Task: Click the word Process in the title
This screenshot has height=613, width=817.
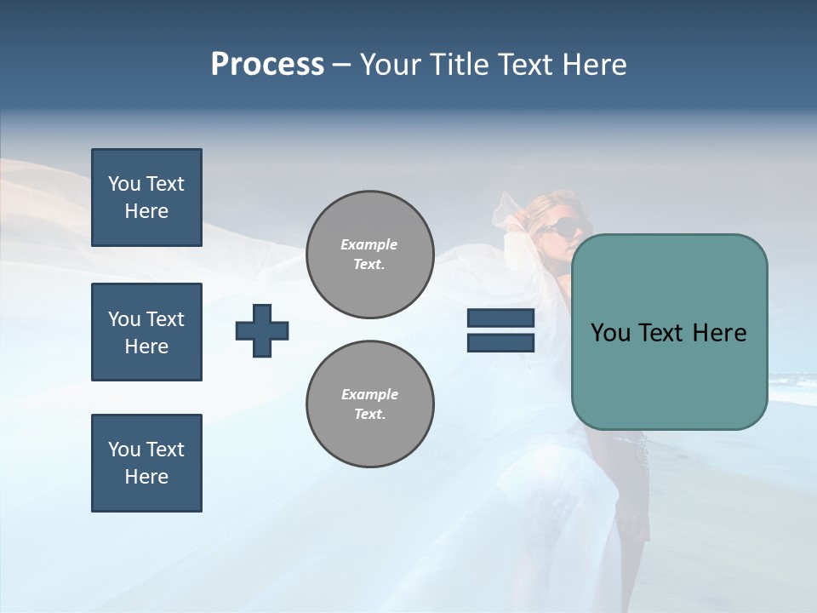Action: coord(267,65)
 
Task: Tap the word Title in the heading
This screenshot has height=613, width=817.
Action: coord(461,65)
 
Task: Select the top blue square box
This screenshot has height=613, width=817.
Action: coord(146,198)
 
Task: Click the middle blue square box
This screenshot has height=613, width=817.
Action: coord(146,332)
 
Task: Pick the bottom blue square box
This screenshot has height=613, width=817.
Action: coord(146,463)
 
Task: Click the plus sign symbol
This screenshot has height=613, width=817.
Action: coord(262,330)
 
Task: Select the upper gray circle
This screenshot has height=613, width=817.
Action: coord(370,255)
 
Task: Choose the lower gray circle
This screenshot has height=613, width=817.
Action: coord(370,404)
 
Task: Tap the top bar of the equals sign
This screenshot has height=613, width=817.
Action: coord(500,318)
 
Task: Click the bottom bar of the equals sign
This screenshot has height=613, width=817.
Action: coord(500,342)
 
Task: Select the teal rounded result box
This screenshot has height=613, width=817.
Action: coord(669,332)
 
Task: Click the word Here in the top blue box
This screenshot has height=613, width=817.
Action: coord(146,211)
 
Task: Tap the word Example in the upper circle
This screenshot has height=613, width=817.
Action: coord(369,244)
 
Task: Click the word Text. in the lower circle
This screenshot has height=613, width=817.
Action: coord(369,415)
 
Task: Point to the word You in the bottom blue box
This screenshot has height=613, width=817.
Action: coord(124,450)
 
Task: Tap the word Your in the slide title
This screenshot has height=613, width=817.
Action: coord(392,65)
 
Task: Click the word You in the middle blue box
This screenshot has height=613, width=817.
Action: coord(124,319)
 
